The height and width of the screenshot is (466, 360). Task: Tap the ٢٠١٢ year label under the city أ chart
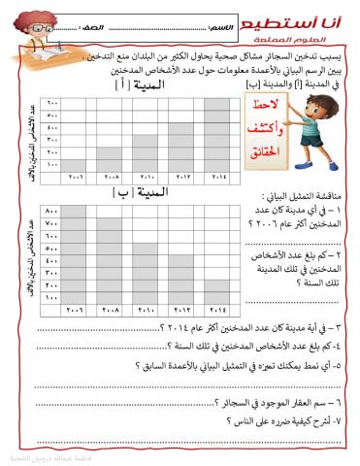click(180, 178)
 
